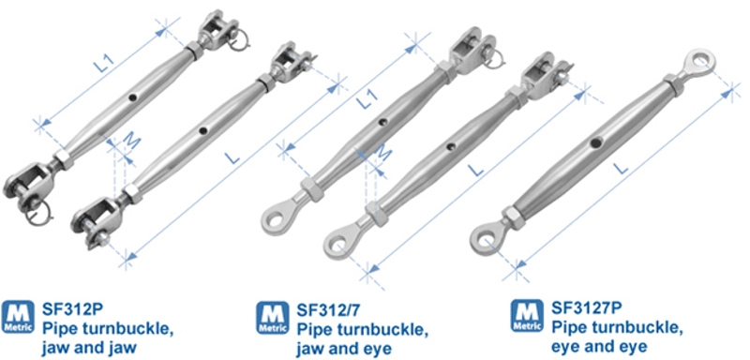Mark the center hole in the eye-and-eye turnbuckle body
595,144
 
